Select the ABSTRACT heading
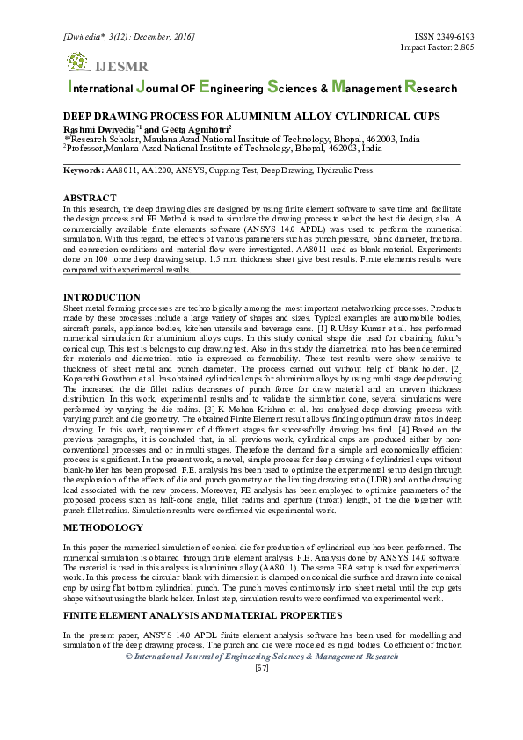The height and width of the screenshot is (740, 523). point(91,199)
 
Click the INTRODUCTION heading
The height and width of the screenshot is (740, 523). point(102,298)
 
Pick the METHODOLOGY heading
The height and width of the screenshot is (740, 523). point(104,528)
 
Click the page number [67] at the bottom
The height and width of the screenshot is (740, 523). point(261,669)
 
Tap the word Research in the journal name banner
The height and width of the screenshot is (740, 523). point(431,88)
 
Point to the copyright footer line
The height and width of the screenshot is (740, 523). point(261,657)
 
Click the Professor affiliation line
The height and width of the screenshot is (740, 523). point(223,149)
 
